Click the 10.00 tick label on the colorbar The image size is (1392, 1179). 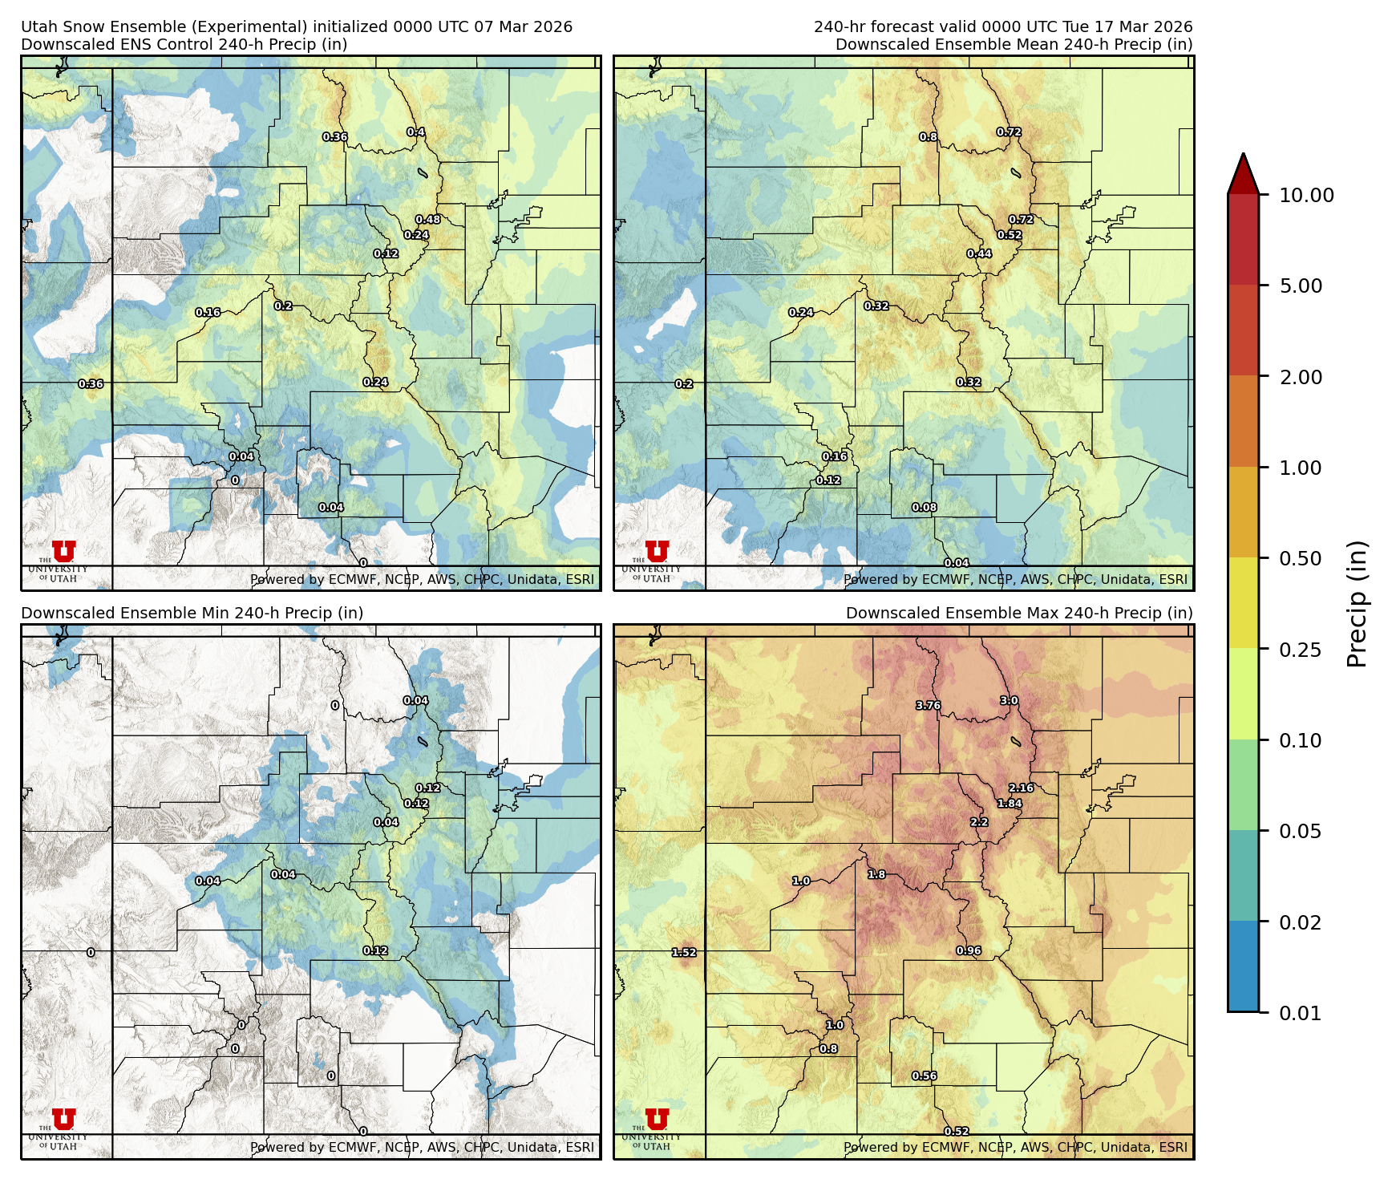[1306, 195]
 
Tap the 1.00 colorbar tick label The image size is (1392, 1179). [1301, 468]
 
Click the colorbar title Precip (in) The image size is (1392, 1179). [1357, 604]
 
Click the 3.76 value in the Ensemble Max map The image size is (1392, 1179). [928, 706]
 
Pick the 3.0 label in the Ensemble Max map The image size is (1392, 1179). [1009, 701]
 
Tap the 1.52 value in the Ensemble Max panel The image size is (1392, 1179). [684, 953]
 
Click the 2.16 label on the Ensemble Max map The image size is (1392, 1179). [1021, 788]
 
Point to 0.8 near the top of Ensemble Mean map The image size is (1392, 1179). [928, 137]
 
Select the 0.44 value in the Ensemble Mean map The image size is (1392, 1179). [979, 254]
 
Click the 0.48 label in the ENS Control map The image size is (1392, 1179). [427, 220]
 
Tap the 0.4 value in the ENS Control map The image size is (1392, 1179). [415, 132]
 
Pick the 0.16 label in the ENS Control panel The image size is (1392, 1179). [208, 313]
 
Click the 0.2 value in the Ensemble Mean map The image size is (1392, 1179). [684, 384]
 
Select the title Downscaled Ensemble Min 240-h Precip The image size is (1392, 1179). [192, 613]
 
